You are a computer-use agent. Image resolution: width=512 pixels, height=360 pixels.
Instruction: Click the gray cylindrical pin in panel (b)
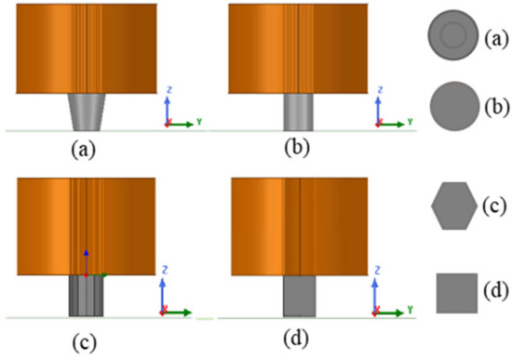[301, 111]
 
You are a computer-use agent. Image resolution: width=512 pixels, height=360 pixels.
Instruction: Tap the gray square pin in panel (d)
[301, 297]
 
